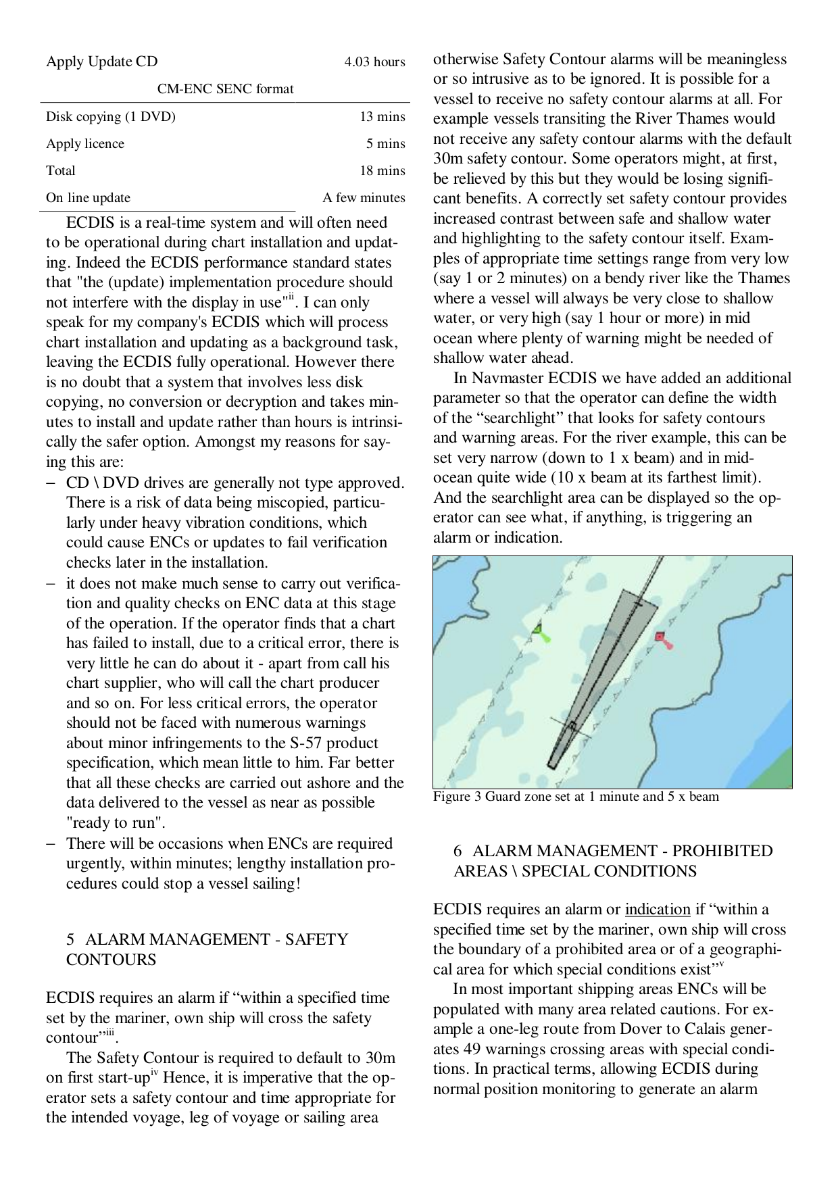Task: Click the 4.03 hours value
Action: coord(374,62)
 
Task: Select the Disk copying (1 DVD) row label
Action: coord(110,117)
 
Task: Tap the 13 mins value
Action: coord(382,117)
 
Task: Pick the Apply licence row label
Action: coord(85,144)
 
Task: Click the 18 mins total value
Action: coord(382,171)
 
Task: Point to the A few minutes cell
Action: coord(364,198)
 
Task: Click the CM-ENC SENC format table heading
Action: coord(225,89)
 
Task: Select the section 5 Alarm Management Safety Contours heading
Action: coord(206,949)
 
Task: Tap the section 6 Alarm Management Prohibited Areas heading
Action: coord(612,860)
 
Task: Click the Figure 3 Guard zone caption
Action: coord(576,797)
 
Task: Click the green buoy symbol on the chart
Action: coord(539,631)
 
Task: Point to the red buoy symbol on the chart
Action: coord(662,638)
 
